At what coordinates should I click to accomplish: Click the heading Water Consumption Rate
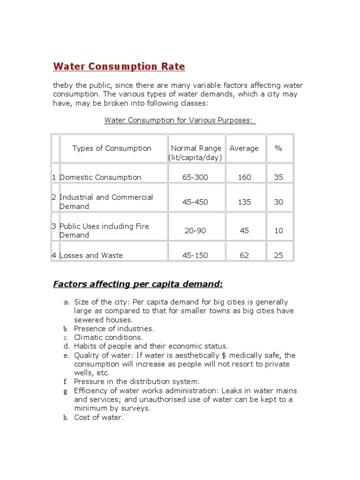point(119,67)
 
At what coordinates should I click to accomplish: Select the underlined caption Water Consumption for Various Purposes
point(180,120)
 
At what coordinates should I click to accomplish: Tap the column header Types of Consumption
point(112,148)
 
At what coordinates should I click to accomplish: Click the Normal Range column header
point(195,153)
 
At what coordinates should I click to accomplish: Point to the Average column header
point(244,148)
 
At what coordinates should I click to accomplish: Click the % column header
point(278,148)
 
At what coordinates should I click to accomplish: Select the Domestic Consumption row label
point(100,177)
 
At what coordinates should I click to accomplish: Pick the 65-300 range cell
point(195,177)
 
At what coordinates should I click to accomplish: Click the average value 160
point(244,177)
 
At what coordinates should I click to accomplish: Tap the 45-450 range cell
point(195,202)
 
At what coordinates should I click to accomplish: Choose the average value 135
point(244,202)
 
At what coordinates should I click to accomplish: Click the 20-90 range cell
point(195,231)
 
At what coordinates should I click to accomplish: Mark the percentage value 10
point(278,231)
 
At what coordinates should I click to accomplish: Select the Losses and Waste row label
point(91,255)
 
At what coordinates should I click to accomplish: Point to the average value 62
point(244,255)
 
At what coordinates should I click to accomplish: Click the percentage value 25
point(278,255)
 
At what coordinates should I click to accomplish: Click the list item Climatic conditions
point(108,337)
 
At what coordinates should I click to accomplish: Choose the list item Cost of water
point(99,417)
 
